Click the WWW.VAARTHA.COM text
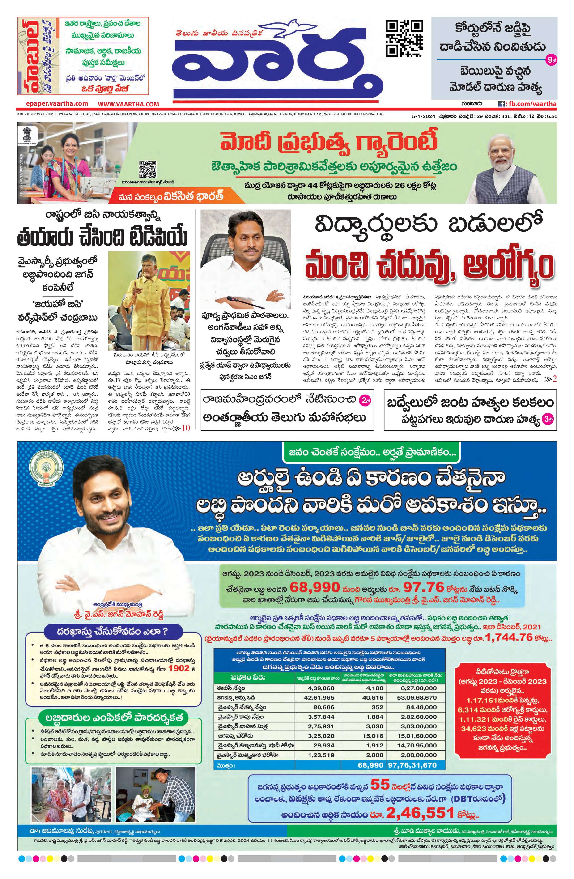pyautogui.click(x=128, y=105)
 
